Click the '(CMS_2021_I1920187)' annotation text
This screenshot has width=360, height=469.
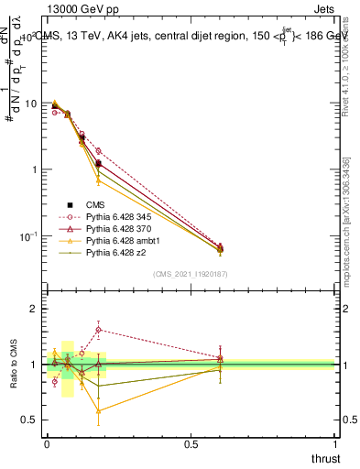point(190,274)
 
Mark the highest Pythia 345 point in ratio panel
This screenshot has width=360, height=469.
point(98,330)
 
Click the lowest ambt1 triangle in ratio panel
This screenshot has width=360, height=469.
point(98,410)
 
